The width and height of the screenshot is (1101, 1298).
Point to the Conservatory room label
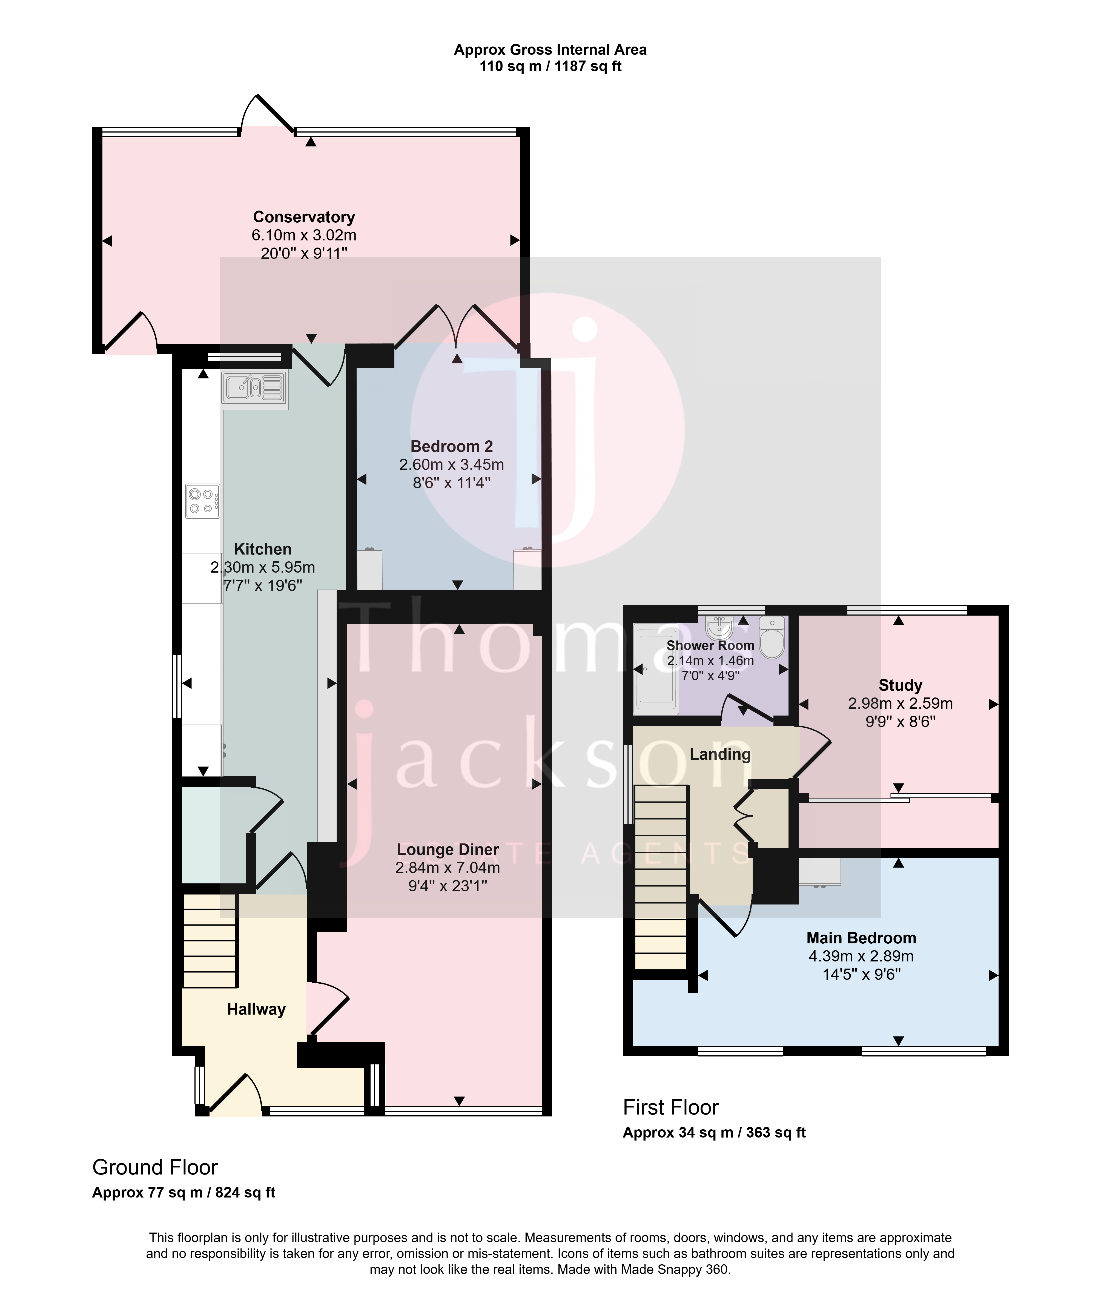click(x=304, y=217)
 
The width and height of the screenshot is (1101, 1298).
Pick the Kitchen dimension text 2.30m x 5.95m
click(x=263, y=567)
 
